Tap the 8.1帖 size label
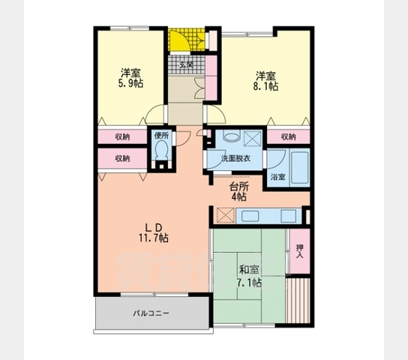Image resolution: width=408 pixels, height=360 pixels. [x=265, y=87]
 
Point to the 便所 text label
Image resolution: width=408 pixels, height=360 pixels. [x=161, y=136]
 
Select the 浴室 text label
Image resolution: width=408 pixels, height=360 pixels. [x=277, y=177]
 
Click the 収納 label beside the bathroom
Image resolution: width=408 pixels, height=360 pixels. [x=288, y=137]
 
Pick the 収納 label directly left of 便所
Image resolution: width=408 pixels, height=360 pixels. [x=122, y=137]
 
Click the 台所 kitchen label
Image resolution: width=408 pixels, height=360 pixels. [x=238, y=186]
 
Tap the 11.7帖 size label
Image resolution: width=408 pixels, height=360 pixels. [x=154, y=238]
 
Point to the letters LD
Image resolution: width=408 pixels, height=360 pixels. [x=153, y=226]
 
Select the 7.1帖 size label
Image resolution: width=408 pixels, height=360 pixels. [x=250, y=282]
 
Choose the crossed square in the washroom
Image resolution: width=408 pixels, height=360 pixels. [x=252, y=139]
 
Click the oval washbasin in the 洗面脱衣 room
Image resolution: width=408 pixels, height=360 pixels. [x=229, y=138]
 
